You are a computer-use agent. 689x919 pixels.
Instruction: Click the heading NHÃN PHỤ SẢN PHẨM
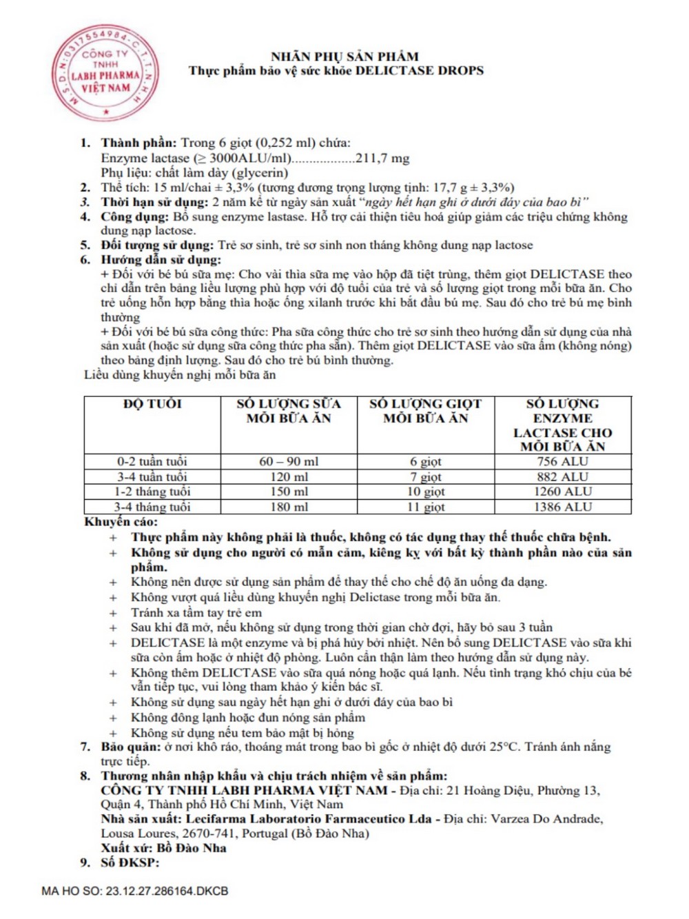pos(344,57)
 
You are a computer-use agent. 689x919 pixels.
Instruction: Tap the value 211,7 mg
pos(382,158)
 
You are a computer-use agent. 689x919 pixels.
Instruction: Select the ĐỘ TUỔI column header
pos(152,404)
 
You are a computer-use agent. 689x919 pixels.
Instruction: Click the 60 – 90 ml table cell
pos(289,461)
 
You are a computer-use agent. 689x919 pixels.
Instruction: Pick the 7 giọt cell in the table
pos(426,476)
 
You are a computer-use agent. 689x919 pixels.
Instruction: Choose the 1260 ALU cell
pos(563,492)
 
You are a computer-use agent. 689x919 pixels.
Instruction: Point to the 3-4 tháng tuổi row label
pos(152,507)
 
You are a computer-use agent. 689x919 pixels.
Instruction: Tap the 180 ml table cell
pos(289,507)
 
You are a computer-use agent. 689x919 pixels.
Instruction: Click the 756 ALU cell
pos(563,461)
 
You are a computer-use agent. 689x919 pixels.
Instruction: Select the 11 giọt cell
pos(426,507)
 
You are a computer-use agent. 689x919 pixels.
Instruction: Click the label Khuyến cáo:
pos(121,522)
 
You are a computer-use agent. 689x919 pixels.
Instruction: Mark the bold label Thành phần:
pos(138,143)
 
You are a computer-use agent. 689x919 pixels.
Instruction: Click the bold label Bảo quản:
pos(131,747)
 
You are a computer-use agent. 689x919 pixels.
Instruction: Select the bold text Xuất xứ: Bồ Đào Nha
pos(163,848)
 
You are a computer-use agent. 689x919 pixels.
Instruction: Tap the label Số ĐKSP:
pos(130,862)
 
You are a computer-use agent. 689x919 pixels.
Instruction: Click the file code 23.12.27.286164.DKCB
pos(167,891)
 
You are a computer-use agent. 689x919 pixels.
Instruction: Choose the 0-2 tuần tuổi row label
pos(152,461)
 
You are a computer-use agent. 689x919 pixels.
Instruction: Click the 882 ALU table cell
pos(563,476)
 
